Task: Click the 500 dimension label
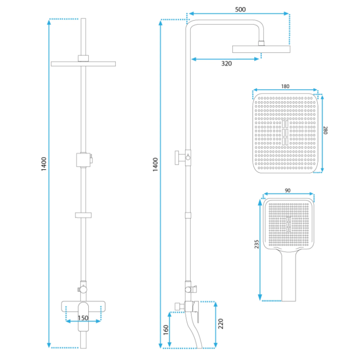coord(239,9)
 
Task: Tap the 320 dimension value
coord(226,64)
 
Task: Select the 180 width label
coord(285,86)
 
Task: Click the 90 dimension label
coord(288,191)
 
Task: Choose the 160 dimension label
coord(165,331)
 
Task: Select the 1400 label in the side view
coord(155,165)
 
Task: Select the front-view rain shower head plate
coord(83,63)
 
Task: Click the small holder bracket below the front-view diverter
coord(83,214)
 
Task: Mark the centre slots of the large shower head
coord(285,131)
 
